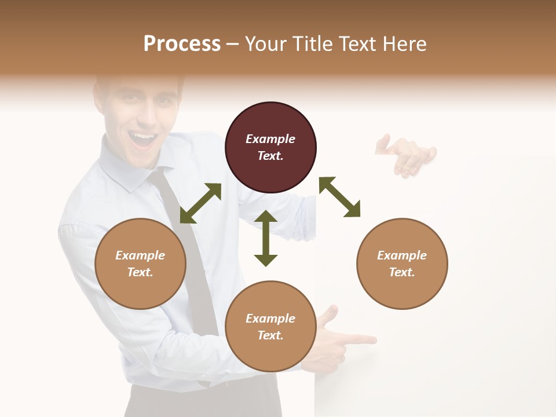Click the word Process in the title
[x=182, y=44]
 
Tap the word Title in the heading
[x=310, y=44]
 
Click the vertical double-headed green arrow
[x=266, y=238]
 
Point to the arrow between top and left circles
[x=200, y=203]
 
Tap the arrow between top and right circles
[x=339, y=197]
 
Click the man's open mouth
[x=142, y=139]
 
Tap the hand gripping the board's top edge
[x=408, y=155]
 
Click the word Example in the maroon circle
[x=270, y=139]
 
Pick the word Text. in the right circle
[x=402, y=272]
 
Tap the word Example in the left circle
[x=140, y=255]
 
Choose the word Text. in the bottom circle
[x=270, y=335]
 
